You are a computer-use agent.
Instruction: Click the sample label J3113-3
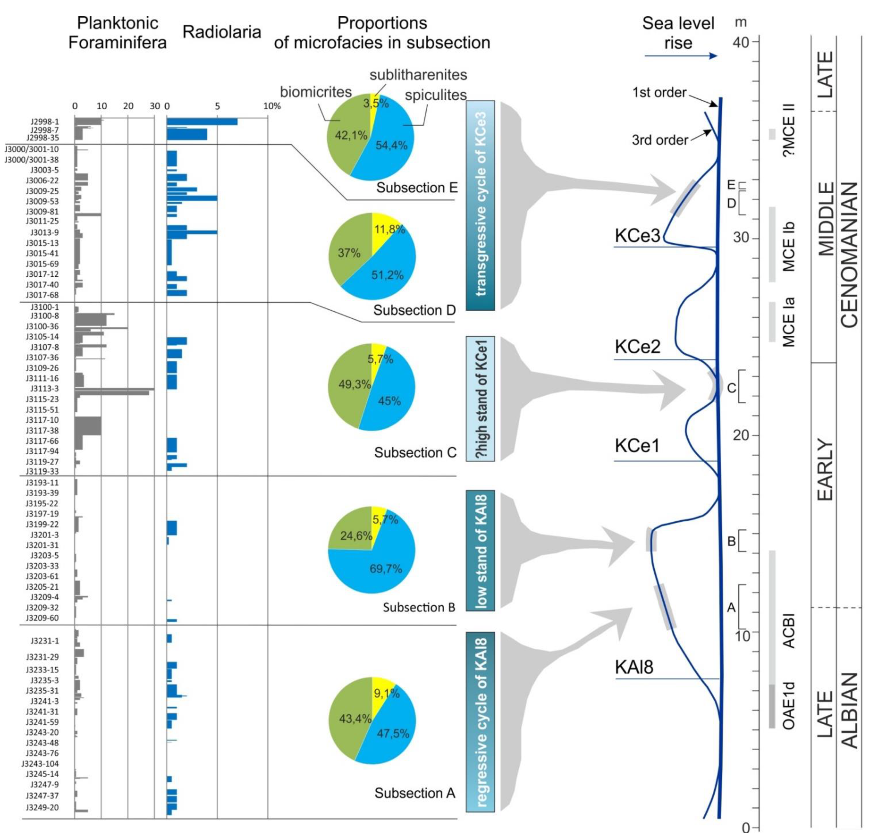coord(45,389)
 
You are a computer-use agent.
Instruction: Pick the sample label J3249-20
coord(42,807)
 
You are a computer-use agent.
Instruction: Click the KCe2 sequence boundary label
coord(638,347)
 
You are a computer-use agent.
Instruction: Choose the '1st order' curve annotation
coord(659,93)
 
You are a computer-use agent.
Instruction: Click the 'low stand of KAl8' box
coord(480,551)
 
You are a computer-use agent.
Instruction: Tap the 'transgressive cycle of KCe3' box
coord(480,205)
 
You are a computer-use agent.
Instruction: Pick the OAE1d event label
coord(788,706)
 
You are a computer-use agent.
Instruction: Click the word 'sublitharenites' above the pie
coord(418,75)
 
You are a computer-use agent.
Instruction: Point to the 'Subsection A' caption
coord(415,793)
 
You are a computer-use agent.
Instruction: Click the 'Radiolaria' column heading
coord(222,32)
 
